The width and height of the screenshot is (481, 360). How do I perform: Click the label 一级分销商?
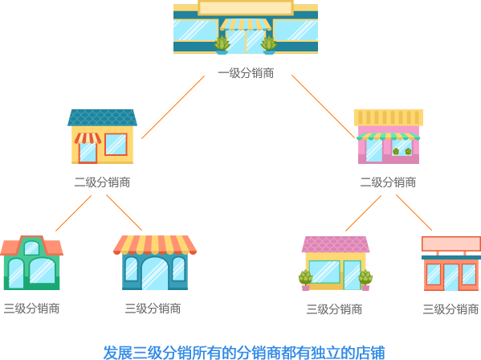tap(246, 73)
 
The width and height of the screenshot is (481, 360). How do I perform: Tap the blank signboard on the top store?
tap(246, 8)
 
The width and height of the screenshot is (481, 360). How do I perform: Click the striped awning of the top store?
tap(246, 25)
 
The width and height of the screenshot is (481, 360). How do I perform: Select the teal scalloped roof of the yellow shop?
tap(103, 117)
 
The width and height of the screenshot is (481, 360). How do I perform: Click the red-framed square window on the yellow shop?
tap(116, 145)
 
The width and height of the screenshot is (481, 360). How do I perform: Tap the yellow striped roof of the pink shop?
tap(389, 117)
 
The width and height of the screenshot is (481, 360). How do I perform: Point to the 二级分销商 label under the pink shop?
tap(388, 182)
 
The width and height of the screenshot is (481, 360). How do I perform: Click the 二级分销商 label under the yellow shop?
tap(103, 182)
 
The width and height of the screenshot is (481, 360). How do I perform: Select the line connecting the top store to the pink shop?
tap(324, 107)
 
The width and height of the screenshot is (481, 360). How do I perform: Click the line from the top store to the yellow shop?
tap(173, 107)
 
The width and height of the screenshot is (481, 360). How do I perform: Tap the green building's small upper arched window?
tap(31, 248)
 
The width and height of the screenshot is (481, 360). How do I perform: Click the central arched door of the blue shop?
tap(155, 274)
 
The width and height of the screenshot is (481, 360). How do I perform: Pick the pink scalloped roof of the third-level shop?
tap(336, 244)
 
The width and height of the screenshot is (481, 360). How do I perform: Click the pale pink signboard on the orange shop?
tap(451, 244)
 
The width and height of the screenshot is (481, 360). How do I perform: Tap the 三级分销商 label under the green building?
tap(31, 309)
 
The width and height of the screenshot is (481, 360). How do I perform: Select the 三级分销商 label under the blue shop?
tap(153, 309)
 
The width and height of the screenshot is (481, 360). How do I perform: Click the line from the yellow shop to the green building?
tap(74, 213)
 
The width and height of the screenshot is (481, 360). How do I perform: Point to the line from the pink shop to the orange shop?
tap(414, 212)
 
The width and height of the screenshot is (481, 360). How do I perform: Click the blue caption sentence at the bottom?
tap(244, 352)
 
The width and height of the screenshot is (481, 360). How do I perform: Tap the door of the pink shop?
tap(374, 150)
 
